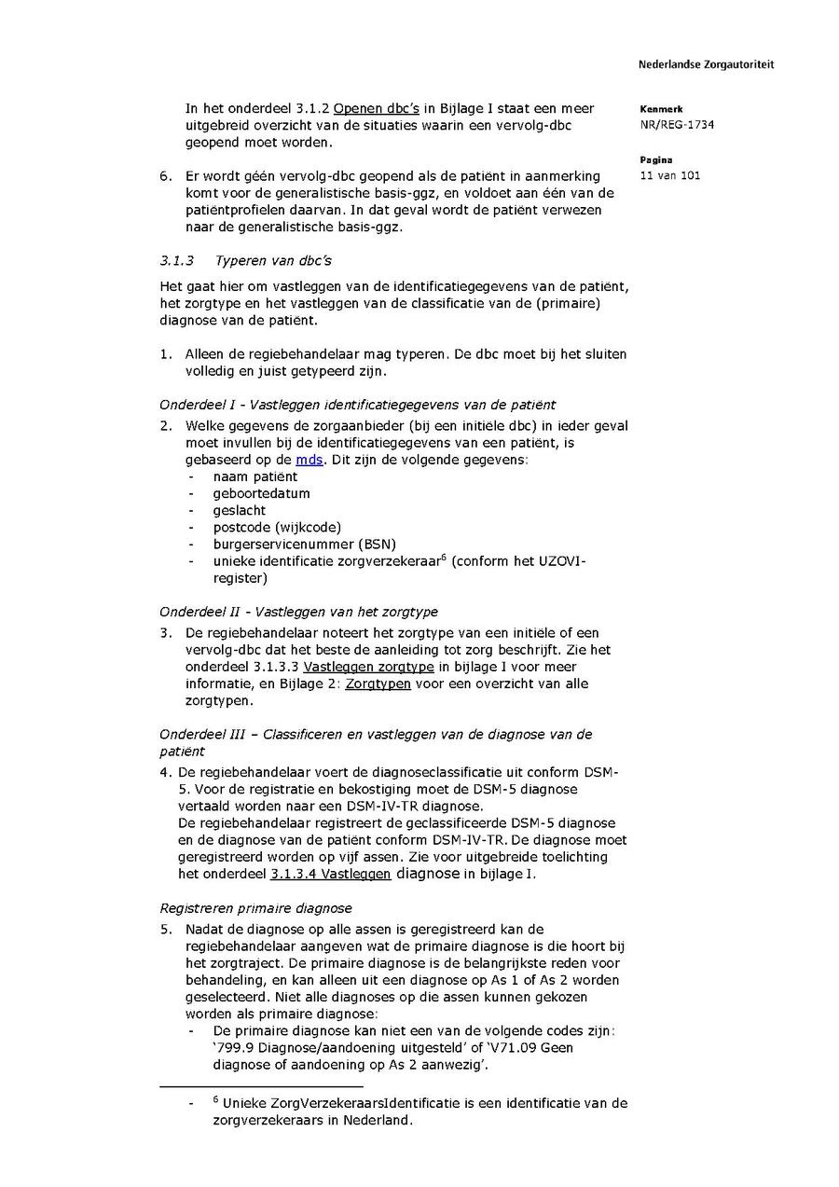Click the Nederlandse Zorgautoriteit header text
pyautogui.click(x=706, y=64)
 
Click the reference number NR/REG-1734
pyautogui.click(x=677, y=125)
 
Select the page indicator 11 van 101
pyautogui.click(x=669, y=175)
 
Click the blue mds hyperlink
pyautogui.click(x=309, y=460)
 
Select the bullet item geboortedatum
pyautogui.click(x=261, y=493)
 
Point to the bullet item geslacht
pyautogui.click(x=239, y=510)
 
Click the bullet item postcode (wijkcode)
pyautogui.click(x=277, y=527)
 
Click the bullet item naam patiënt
pyautogui.click(x=255, y=476)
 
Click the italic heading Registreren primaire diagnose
pyautogui.click(x=255, y=907)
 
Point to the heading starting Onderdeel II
pyautogui.click(x=298, y=612)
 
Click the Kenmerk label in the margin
pyautogui.click(x=661, y=109)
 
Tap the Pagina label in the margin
pyautogui.click(x=655, y=159)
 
